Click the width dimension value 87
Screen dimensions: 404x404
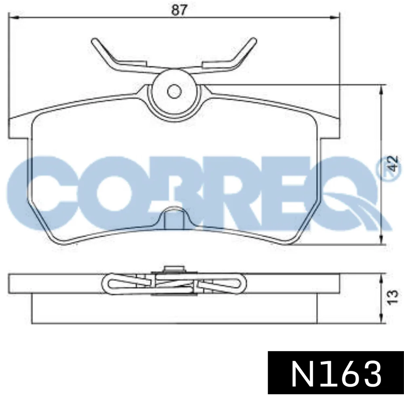[178, 11]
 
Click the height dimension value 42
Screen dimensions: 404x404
[393, 163]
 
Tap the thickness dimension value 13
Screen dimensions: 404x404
[392, 298]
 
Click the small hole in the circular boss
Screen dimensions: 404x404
[174, 91]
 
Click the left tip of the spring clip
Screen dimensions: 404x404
[94, 41]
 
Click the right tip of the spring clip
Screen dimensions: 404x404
[254, 40]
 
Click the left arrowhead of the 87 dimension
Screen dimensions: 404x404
[13, 17]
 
